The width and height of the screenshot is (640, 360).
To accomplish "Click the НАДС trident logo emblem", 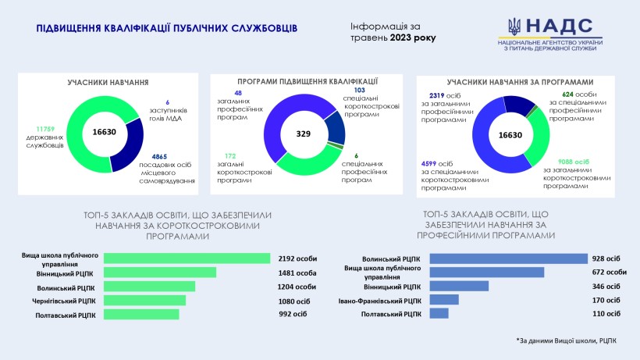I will [515, 27].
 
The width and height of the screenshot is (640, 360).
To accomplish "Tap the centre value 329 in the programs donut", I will [304, 134].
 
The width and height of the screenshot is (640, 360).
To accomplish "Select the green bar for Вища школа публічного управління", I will [187, 258].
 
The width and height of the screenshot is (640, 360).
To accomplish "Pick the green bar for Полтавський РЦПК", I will [141, 314].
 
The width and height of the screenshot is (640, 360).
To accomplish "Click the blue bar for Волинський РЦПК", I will [508, 258].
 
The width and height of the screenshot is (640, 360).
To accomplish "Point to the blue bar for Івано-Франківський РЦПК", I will [444, 300].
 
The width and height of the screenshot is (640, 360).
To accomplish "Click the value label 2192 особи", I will [298, 258].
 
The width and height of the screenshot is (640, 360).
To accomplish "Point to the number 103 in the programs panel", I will [349, 91].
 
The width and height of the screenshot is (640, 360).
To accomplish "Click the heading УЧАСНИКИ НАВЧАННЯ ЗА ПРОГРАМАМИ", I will [520, 81].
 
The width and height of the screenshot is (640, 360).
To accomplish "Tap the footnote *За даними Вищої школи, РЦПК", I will [566, 341].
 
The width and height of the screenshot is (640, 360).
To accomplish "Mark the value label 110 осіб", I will [606, 314].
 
